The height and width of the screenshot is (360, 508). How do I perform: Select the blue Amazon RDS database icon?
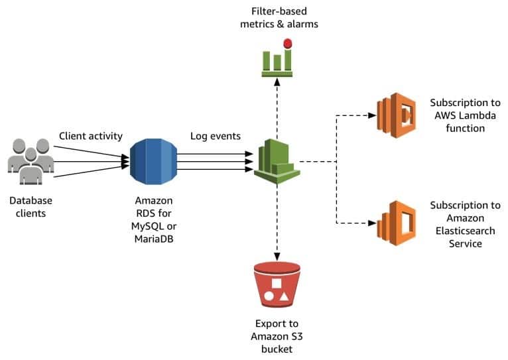(x=154, y=162)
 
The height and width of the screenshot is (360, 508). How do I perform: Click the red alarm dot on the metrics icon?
(x=287, y=44)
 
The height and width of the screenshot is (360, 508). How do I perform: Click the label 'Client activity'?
(x=91, y=136)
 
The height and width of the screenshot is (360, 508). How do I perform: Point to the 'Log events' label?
(x=216, y=136)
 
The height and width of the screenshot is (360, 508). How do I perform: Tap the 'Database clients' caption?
(x=31, y=206)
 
